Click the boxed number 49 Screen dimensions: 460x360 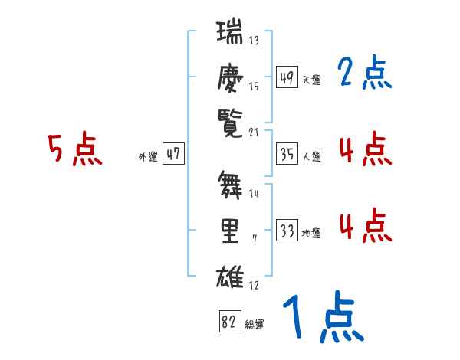click(287, 77)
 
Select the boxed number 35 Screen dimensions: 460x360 click(287, 154)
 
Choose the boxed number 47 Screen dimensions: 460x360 click(173, 154)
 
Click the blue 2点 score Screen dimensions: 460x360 click(364, 74)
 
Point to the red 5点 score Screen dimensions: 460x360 click(74, 149)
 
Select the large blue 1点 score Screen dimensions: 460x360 click(322, 318)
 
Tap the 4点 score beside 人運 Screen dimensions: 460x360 click(365, 149)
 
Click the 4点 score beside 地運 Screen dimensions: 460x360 click(365, 227)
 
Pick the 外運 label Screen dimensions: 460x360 click(148, 155)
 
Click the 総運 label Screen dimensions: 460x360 click(255, 324)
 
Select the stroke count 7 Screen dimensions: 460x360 click(254, 240)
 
